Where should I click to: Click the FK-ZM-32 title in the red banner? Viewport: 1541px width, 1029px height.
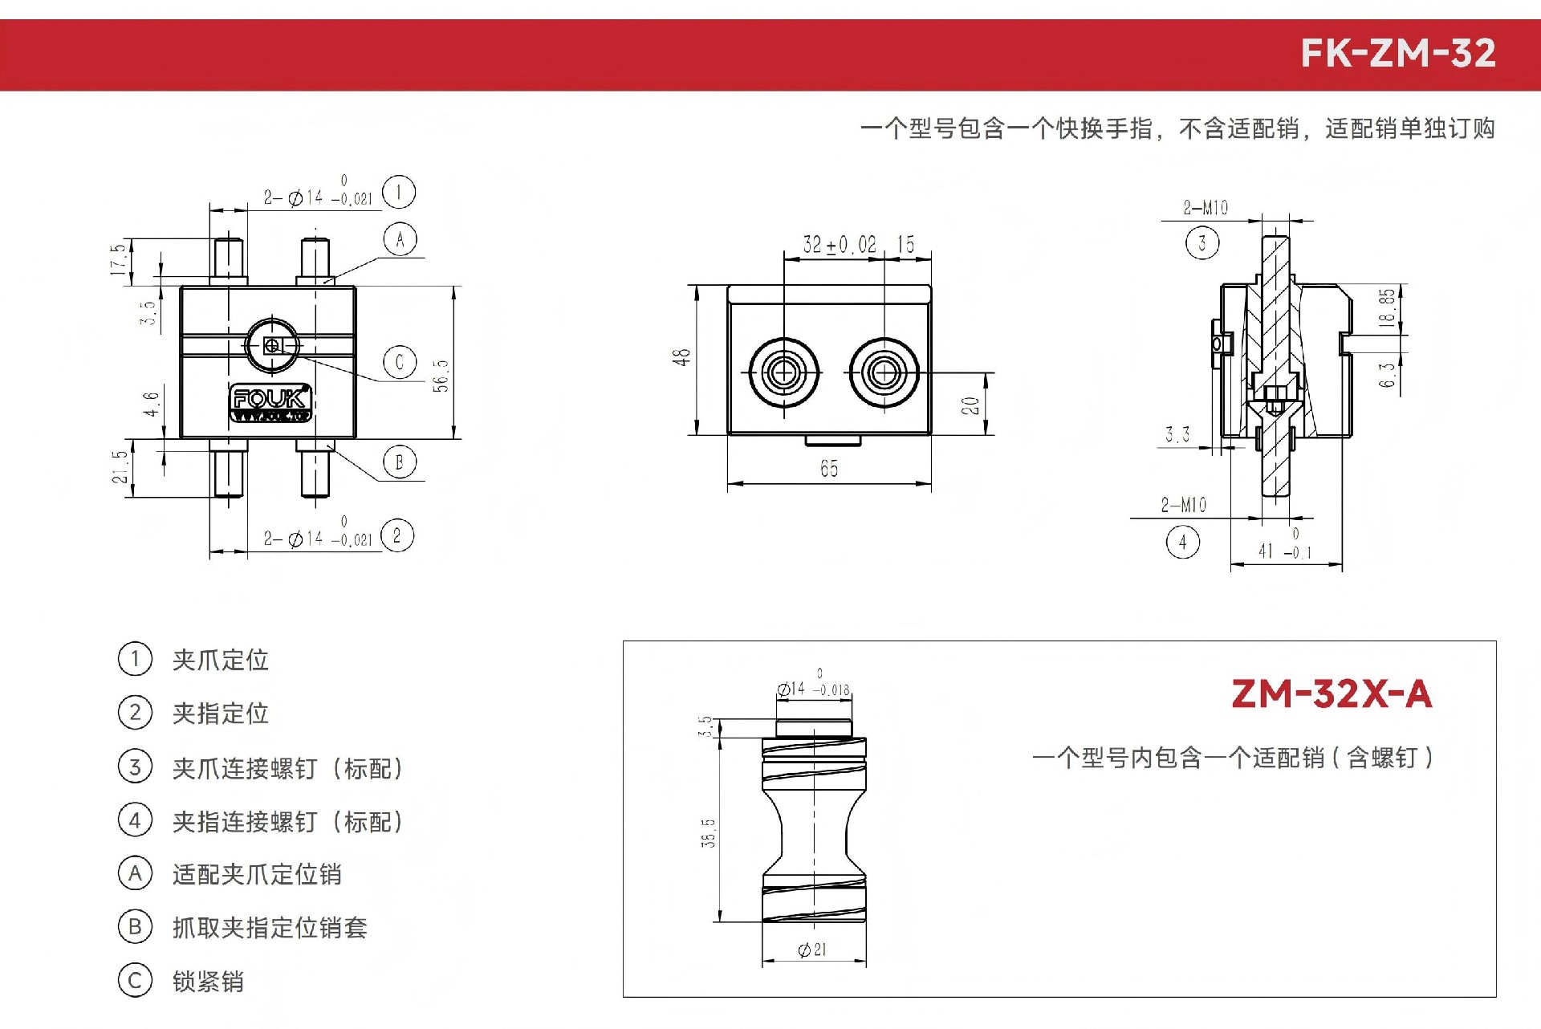tap(1398, 54)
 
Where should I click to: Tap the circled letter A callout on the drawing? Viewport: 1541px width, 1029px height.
tap(400, 239)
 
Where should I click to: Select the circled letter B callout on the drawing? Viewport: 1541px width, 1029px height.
tap(400, 462)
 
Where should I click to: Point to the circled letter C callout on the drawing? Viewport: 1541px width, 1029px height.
tap(400, 362)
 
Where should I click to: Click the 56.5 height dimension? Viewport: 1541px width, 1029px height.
tap(441, 376)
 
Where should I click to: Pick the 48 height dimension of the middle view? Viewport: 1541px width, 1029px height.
tap(681, 357)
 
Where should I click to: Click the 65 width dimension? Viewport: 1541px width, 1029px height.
tap(829, 468)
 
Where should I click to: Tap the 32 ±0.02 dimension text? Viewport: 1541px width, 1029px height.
tap(840, 244)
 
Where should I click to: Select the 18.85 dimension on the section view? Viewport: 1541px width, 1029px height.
tap(1386, 307)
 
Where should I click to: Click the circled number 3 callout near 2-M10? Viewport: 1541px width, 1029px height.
tap(1201, 242)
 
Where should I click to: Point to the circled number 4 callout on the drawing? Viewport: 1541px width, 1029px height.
tap(1182, 543)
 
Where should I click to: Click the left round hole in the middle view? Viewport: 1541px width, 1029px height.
tap(783, 372)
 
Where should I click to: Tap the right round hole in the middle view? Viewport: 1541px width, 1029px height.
tap(884, 372)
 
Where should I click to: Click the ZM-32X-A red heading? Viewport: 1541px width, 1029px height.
tap(1332, 694)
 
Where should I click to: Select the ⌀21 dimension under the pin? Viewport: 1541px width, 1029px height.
tap(812, 950)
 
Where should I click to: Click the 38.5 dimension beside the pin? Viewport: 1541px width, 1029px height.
tap(708, 833)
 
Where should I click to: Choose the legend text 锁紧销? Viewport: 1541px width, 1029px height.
tap(209, 982)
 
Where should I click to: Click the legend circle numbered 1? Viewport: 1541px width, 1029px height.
tap(135, 659)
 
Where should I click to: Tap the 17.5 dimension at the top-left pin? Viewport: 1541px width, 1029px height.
tap(118, 259)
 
